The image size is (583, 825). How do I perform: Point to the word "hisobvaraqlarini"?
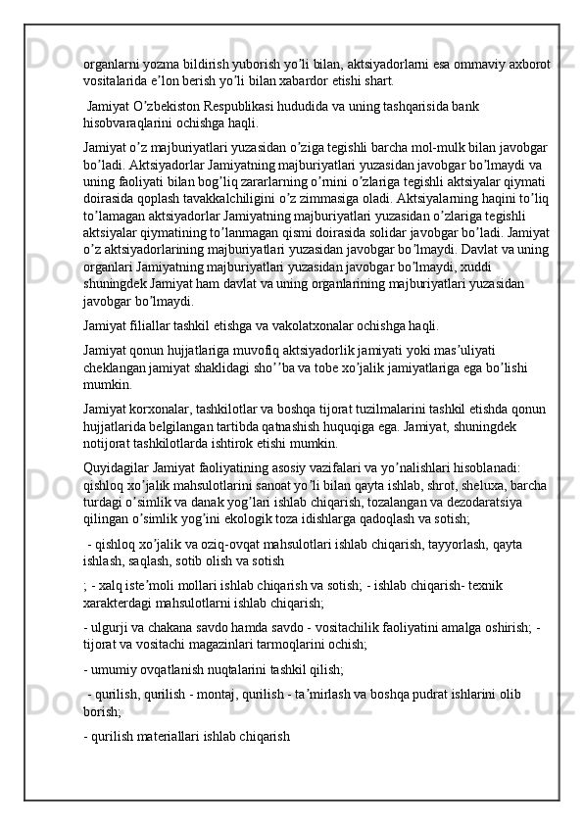point(131,123)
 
